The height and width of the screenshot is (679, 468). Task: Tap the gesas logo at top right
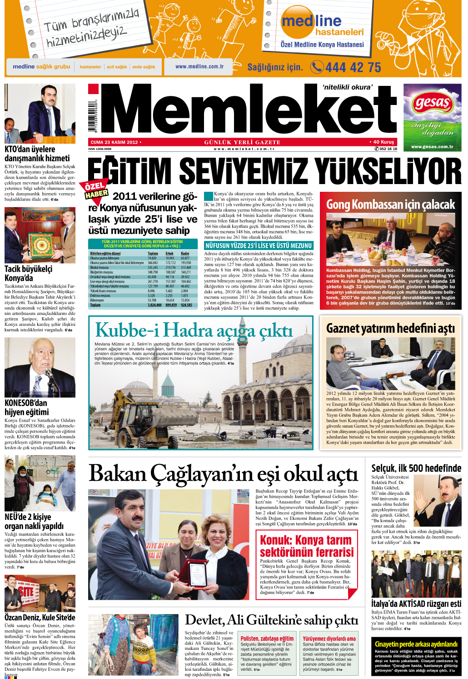coord(432,104)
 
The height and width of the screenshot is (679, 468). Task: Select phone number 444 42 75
coord(353,68)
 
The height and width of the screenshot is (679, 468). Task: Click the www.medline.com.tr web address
coord(199,66)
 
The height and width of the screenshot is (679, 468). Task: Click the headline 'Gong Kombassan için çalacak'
coord(390,205)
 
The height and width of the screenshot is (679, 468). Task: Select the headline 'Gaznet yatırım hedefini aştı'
coord(390,328)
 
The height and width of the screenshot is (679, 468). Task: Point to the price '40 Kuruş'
coord(383,142)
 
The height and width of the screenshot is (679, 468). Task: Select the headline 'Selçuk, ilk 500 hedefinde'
coord(416,468)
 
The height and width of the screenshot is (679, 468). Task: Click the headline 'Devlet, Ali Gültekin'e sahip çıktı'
coord(272,620)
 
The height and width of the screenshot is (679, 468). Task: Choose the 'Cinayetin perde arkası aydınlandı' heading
coord(416,644)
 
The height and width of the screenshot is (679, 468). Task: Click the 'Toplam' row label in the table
coord(95,305)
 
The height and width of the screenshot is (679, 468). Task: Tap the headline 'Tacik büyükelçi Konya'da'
coord(28,273)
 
